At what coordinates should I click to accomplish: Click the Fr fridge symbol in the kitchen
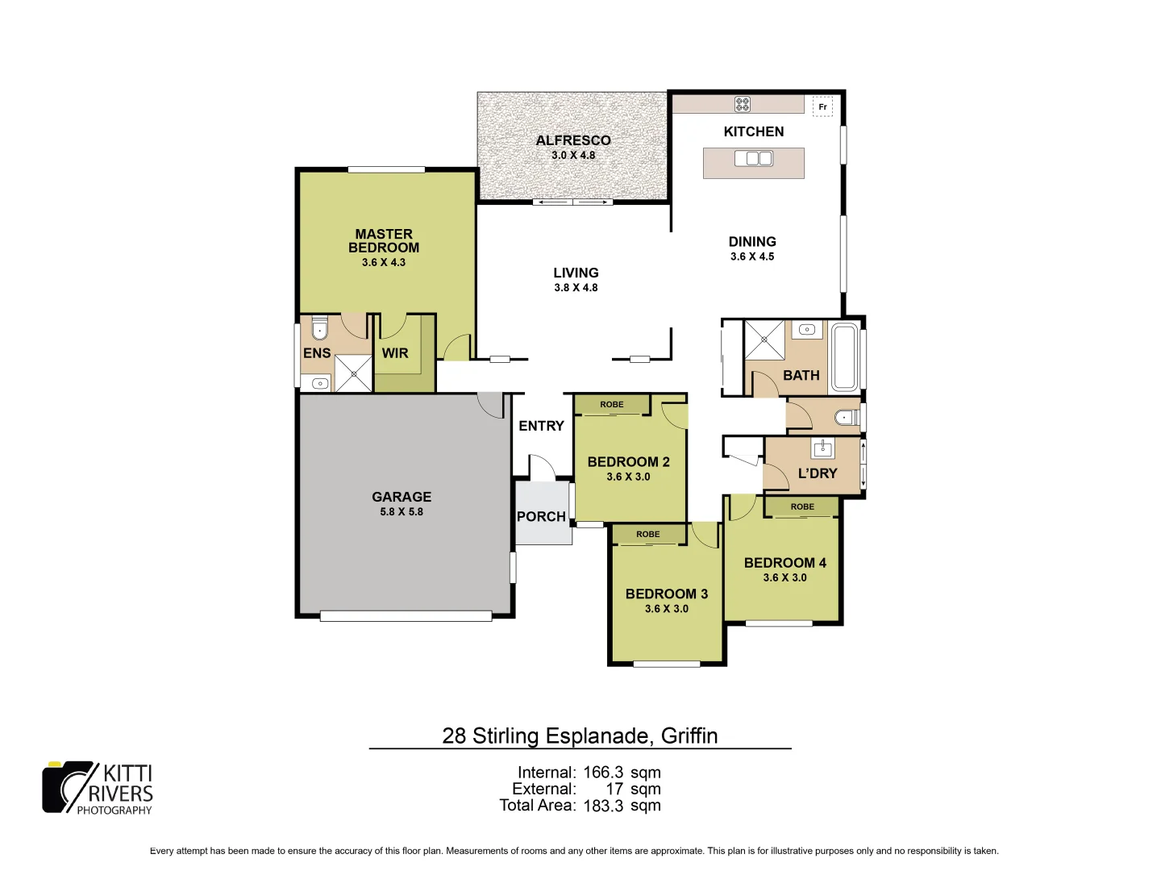point(822,106)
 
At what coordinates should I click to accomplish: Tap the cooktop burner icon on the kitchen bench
point(743,104)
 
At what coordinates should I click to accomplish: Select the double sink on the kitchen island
point(753,159)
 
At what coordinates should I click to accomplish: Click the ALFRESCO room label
point(573,140)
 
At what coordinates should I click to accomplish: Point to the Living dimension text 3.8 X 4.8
point(576,288)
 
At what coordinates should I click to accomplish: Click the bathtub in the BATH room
point(845,357)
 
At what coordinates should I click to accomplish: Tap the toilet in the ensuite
point(320,329)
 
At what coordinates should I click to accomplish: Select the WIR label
point(395,353)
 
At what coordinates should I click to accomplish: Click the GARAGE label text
point(402,497)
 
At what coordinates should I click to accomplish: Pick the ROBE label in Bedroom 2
point(612,405)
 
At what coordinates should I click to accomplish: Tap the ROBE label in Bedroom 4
point(802,506)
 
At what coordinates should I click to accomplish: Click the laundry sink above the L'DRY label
point(822,448)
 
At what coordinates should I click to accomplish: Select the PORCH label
point(541,517)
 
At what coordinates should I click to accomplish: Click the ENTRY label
point(541,426)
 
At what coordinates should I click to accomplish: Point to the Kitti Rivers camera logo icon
point(68,786)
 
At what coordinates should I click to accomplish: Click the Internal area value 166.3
point(602,773)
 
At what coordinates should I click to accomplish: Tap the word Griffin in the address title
point(689,736)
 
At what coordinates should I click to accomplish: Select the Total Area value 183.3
point(602,806)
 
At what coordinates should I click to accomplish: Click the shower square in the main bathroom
point(764,340)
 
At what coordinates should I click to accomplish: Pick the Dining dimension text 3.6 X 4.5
point(752,257)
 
